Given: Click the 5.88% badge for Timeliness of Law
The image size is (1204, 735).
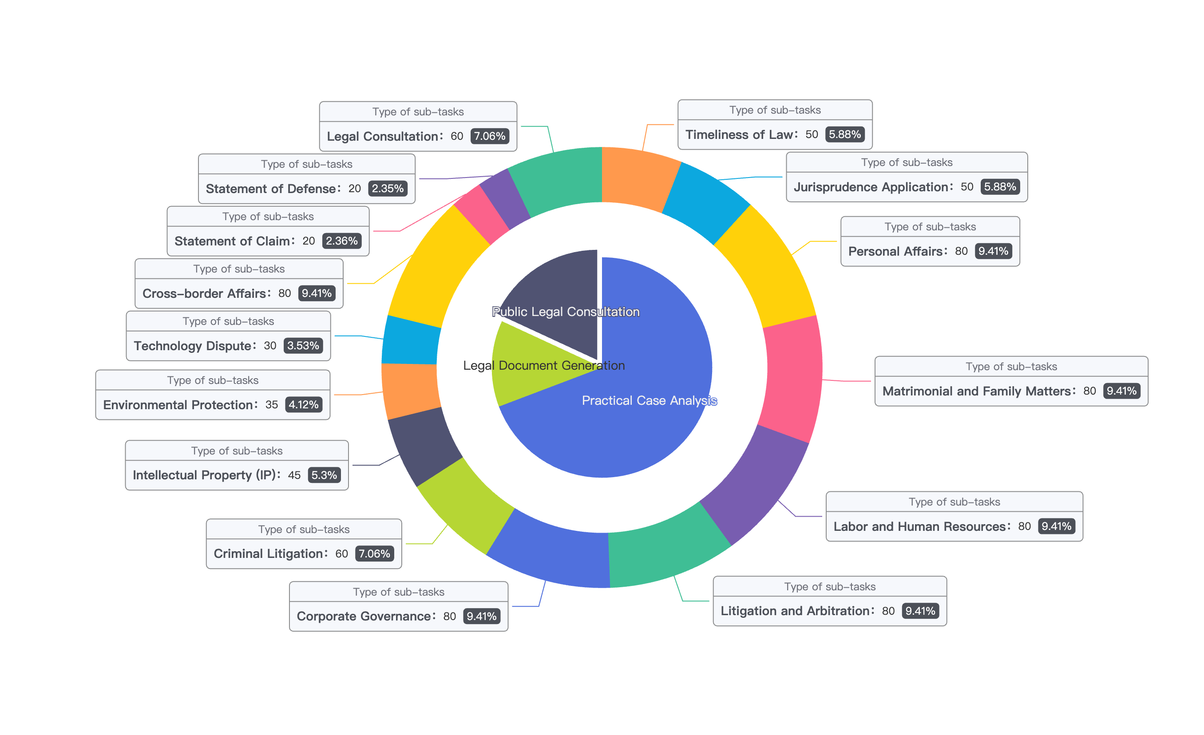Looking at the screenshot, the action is [844, 134].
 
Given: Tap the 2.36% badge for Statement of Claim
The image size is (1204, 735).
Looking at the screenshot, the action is [341, 241].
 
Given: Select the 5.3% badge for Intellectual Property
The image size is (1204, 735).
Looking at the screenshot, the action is [324, 475].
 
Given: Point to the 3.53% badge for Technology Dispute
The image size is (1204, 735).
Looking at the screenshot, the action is [303, 345].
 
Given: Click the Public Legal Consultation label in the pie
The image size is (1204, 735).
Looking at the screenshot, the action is [565, 312].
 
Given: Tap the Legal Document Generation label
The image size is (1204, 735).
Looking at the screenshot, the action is [544, 365].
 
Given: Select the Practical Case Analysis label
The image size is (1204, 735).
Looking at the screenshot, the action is [650, 400].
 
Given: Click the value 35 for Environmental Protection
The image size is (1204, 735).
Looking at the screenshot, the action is [272, 404].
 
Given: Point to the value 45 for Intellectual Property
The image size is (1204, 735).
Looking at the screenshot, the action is [294, 475].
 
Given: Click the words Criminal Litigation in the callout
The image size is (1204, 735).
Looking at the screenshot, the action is [268, 553].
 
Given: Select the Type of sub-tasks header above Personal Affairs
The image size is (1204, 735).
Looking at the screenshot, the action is [930, 227].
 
